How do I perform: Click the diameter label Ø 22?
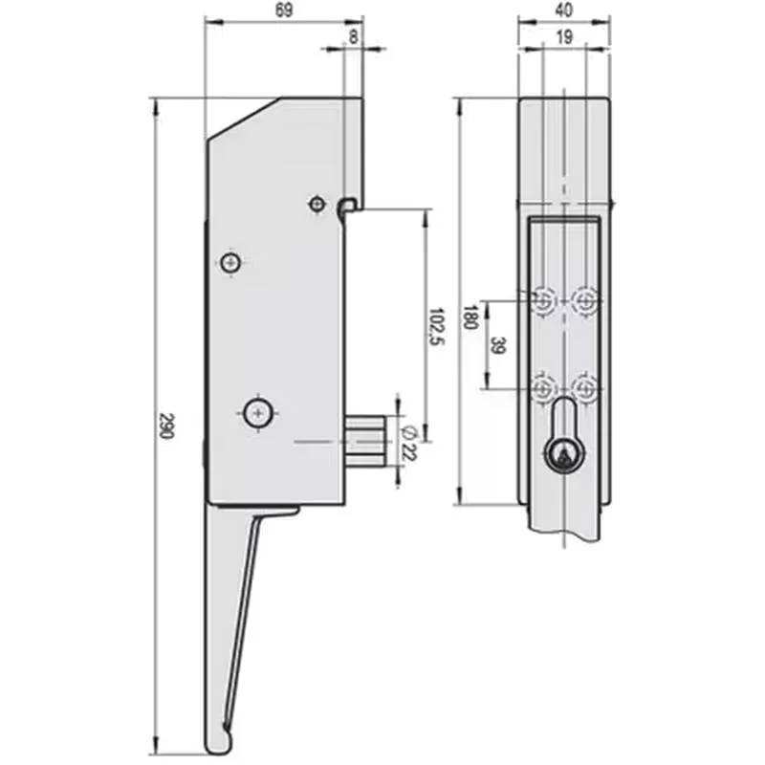pos(410,441)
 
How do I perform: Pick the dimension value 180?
pos(470,317)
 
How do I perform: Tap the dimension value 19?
pos(563,37)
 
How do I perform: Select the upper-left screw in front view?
pos(543,302)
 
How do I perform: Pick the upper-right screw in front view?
pos(584,302)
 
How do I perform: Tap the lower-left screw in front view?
pos(543,388)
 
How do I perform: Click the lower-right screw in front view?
pos(584,388)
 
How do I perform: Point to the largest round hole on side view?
pos(257,413)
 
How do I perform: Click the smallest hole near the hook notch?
pos(317,204)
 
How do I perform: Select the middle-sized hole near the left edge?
pos(229,262)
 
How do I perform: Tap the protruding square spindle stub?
pos(365,442)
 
